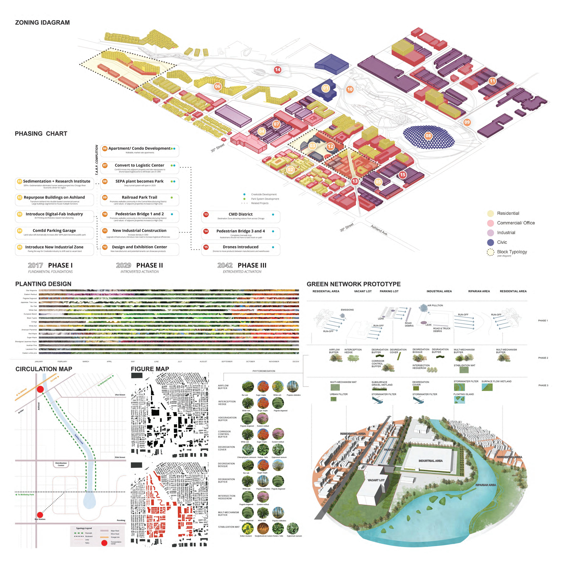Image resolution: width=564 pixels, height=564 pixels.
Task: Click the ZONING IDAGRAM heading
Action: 42,22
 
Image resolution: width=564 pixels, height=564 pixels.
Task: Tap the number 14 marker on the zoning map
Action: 277,69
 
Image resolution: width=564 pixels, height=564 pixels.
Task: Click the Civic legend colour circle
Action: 490,242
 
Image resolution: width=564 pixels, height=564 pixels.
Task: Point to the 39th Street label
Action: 347,227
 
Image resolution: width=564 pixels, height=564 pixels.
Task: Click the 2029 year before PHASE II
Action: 123,265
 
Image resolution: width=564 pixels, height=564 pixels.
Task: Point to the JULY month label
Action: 180,361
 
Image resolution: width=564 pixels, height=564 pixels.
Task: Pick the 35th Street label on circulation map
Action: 120,457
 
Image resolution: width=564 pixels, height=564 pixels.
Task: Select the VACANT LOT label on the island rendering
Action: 376,480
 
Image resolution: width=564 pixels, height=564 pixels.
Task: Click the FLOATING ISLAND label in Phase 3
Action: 464,394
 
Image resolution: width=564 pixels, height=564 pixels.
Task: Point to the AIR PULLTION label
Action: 435,305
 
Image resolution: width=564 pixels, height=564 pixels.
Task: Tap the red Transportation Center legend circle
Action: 104,543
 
